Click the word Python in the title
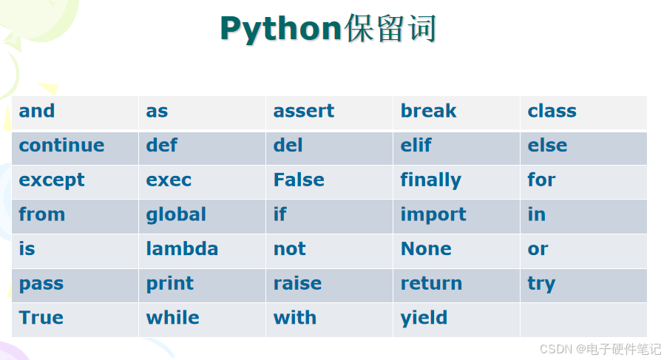[281, 29]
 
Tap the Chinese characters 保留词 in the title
[390, 29]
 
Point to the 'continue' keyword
[61, 146]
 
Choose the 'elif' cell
[416, 146]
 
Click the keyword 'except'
[52, 180]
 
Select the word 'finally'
[430, 180]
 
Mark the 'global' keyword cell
[176, 214]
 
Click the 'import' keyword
[433, 215]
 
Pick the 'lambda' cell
[182, 249]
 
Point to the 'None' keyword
[426, 249]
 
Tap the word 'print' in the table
[169, 284]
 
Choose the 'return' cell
[431, 284]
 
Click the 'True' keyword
[41, 318]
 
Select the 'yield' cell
[424, 319]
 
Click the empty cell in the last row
[583, 319]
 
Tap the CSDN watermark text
[600, 349]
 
